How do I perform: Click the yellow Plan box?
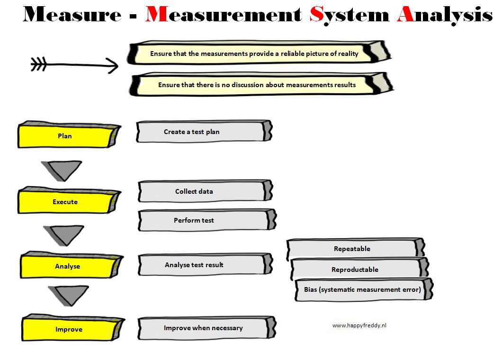tap(69, 135)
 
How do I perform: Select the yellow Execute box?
tap(69, 200)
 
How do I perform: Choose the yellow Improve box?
tap(72, 328)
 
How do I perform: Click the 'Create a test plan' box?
tap(204, 131)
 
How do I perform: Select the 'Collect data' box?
tap(205, 191)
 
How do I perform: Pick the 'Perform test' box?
tap(207, 220)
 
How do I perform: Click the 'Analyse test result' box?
tap(205, 265)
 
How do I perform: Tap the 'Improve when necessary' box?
tap(207, 328)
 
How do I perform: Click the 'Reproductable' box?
tap(359, 268)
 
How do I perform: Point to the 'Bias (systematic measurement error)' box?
tap(364, 289)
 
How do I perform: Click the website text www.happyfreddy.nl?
tap(359, 325)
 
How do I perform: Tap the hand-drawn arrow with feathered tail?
tap(74, 65)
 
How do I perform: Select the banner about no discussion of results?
tap(261, 84)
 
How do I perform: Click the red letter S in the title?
tap(317, 14)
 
